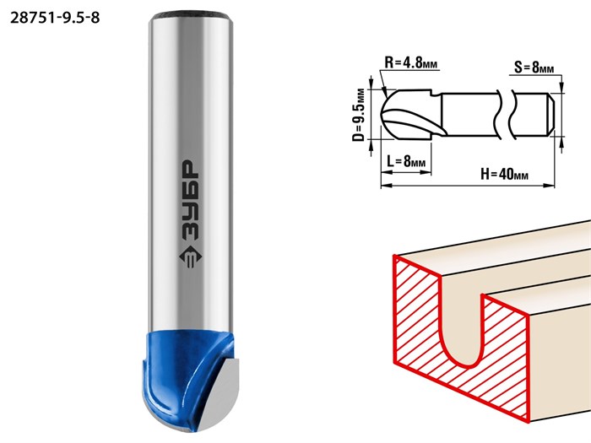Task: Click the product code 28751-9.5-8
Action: [x=55, y=18]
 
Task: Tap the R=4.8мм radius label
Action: [x=411, y=62]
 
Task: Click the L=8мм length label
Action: [x=406, y=162]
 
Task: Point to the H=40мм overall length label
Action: [x=504, y=174]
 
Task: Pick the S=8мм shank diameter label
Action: [x=534, y=68]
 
